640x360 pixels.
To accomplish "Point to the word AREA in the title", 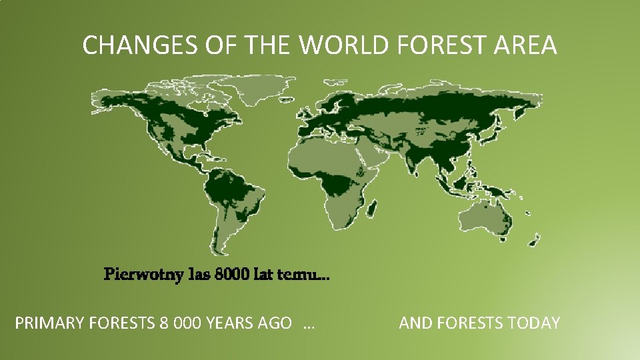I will point(529,45).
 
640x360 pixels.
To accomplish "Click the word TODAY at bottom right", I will point(534,324).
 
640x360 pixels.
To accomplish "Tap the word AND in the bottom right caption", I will point(415,324).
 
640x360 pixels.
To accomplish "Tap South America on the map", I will point(227,200).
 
